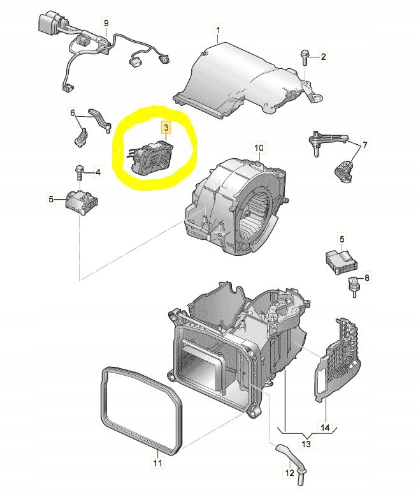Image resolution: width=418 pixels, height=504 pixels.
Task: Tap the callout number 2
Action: (x=323, y=57)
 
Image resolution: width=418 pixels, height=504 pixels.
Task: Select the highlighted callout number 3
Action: (x=166, y=128)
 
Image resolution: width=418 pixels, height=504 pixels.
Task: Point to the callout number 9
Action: (x=106, y=23)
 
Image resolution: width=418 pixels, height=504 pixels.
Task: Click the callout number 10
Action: (x=259, y=149)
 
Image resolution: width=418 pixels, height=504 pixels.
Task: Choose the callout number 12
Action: (x=290, y=473)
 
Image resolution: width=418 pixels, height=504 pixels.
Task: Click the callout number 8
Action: (x=366, y=278)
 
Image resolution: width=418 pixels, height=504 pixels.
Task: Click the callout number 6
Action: (x=73, y=113)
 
